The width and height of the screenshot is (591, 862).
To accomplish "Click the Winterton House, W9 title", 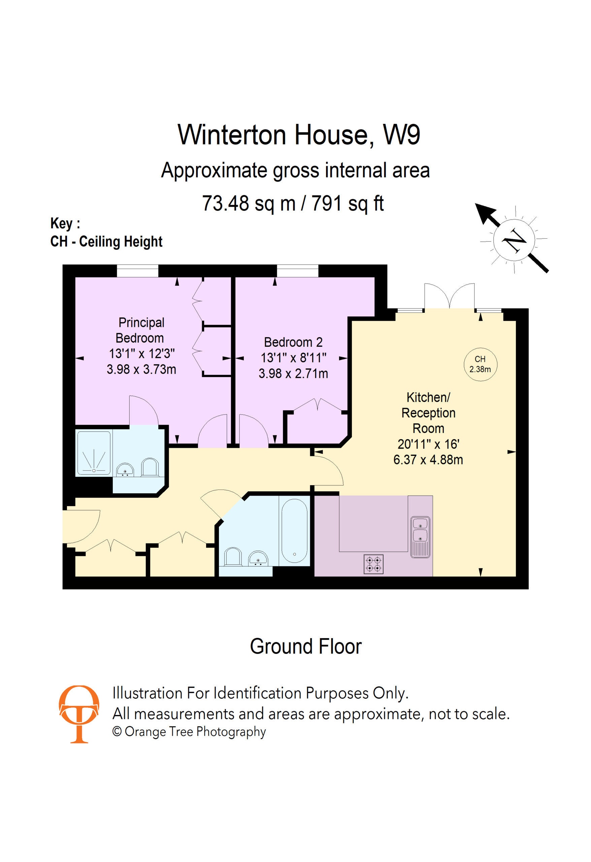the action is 299,135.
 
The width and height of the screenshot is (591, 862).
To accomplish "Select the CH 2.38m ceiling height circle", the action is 480,364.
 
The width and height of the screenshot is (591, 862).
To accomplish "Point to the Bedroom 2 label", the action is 293,342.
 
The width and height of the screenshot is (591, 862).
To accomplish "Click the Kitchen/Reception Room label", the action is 428,412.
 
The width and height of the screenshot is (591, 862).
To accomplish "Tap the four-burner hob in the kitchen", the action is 373,564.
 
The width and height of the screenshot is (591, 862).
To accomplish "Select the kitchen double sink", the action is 420,537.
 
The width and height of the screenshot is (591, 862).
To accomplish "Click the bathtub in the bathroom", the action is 294,531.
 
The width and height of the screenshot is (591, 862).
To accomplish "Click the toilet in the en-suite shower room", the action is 150,467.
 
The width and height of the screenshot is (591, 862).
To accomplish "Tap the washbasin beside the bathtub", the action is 258,558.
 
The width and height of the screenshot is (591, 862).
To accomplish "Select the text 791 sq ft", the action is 347,203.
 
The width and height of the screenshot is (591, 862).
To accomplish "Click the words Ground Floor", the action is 306,646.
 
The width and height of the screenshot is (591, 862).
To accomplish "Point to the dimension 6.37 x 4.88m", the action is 428,460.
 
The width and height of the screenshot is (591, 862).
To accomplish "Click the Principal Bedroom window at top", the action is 138,271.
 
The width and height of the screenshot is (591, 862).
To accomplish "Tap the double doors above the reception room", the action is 449,296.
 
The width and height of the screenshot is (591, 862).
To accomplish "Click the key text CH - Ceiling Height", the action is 106,241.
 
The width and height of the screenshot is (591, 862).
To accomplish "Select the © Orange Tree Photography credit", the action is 189,732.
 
